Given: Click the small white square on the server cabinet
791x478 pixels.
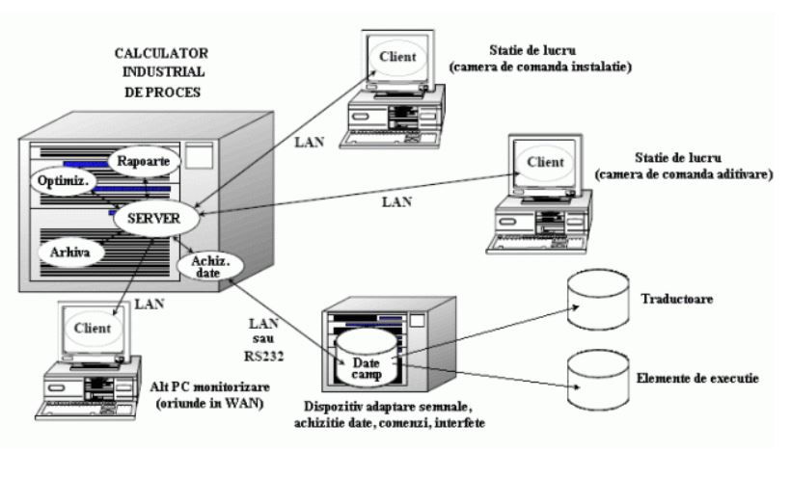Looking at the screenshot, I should pyautogui.click(x=198, y=157).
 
